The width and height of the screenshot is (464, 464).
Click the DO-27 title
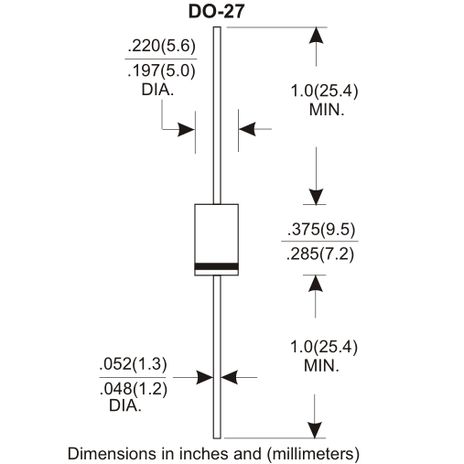[217, 12]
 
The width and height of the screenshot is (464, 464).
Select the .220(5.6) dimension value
[161, 46]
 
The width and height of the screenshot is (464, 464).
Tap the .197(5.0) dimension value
[161, 70]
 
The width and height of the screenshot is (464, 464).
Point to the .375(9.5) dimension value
[321, 229]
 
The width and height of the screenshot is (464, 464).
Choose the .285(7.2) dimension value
[320, 254]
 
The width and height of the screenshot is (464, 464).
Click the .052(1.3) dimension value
[134, 364]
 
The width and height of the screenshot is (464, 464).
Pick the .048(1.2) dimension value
[134, 389]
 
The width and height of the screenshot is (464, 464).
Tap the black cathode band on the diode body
[217, 266]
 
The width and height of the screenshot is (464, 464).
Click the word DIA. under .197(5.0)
[157, 90]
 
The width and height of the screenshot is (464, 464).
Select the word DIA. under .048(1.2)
[125, 405]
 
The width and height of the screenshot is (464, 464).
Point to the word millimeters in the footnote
[313, 453]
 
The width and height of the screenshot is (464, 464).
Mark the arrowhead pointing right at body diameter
[187, 130]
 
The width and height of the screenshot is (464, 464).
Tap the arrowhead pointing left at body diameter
[247, 129]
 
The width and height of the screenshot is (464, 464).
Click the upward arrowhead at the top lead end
[316, 36]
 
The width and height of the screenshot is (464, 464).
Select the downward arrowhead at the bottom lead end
[315, 430]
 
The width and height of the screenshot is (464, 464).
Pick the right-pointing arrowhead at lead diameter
[205, 377]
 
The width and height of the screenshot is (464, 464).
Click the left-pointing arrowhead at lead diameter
[229, 377]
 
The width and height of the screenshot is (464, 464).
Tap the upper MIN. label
[327, 110]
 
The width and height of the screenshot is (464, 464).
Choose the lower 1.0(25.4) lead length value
[324, 347]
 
